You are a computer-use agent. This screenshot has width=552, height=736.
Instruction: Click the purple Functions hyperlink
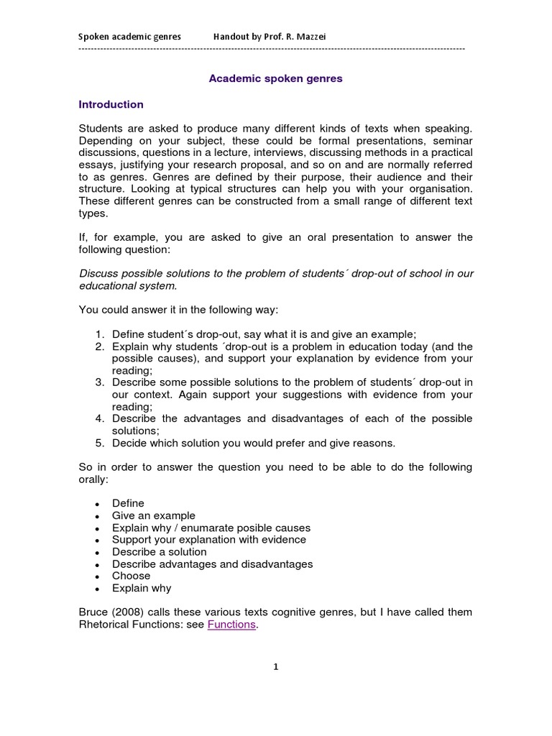pos(231,625)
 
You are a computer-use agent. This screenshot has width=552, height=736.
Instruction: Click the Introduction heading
pos(111,104)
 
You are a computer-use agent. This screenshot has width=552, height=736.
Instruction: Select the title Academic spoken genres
pos(275,78)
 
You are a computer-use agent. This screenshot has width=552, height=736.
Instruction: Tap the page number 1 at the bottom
pos(275,666)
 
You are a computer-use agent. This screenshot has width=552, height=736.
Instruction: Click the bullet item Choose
pos(131,576)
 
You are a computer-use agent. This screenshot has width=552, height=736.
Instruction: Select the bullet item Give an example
pos(153,515)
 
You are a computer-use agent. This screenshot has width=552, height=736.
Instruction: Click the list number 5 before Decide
pos(99,443)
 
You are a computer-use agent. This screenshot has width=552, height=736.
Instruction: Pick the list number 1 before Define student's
pos(99,334)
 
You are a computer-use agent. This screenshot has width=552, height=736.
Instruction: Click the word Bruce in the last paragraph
pos(93,612)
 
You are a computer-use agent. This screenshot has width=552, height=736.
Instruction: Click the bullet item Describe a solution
pos(159,552)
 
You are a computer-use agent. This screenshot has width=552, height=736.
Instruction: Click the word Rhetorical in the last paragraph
pos(106,625)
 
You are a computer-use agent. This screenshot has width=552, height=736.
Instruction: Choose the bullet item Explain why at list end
pos(142,588)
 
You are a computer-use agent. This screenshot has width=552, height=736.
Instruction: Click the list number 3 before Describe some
pos(99,382)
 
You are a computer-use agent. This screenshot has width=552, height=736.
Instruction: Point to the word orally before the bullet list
pos(94,479)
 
